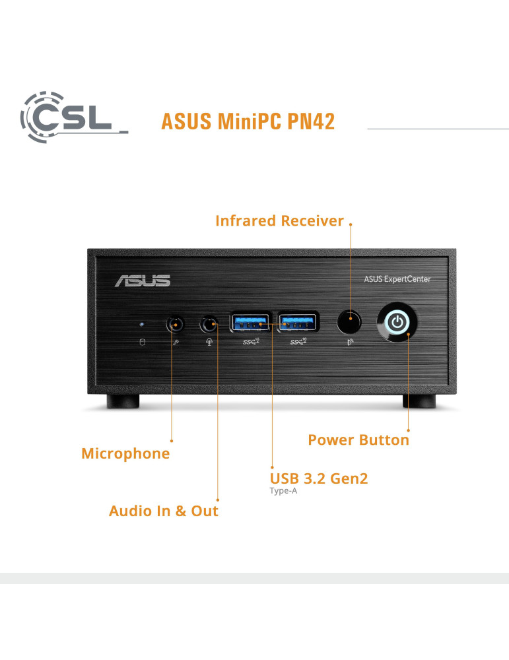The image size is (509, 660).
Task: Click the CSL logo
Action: [73, 115]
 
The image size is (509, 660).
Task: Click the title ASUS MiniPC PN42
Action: [248, 121]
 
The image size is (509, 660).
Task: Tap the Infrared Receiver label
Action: [279, 221]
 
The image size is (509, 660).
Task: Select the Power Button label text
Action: [358, 440]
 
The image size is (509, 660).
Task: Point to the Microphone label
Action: [125, 453]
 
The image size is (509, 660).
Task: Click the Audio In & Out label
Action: [163, 511]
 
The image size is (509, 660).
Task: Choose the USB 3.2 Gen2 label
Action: [319, 478]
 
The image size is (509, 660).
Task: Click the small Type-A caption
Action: [284, 491]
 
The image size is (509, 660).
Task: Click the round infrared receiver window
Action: [350, 323]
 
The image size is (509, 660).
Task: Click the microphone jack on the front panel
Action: [174, 324]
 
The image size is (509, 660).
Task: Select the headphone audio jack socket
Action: [209, 324]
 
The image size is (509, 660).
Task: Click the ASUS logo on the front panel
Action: [142, 280]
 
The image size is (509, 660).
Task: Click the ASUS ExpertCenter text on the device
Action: [397, 279]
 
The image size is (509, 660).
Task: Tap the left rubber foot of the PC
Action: [123, 401]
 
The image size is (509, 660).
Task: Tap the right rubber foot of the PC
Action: [419, 401]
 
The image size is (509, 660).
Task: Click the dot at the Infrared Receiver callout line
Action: [351, 224]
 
